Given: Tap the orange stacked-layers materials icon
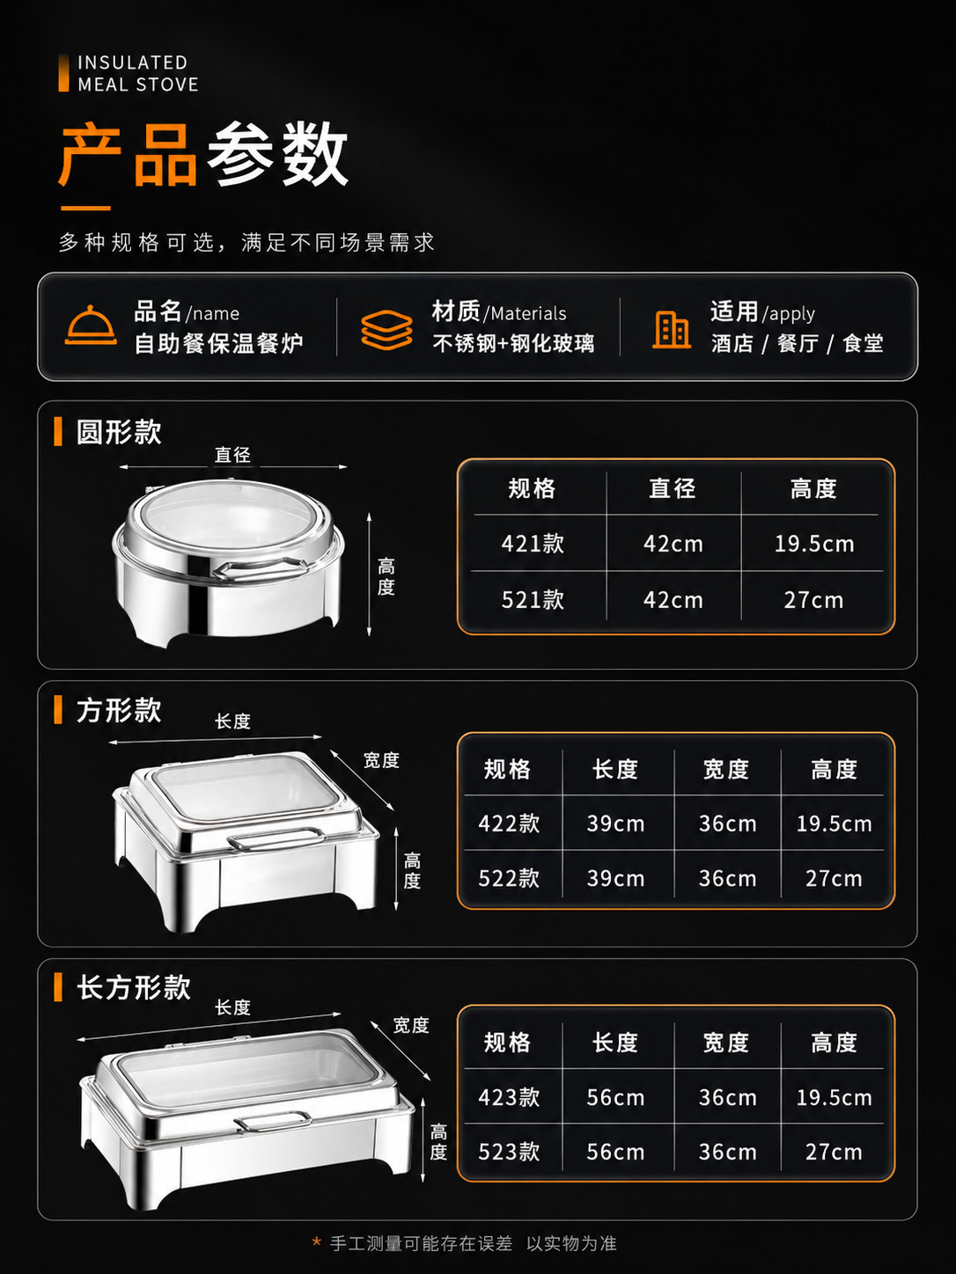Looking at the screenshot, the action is click(386, 330).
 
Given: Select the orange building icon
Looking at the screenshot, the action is click(672, 330).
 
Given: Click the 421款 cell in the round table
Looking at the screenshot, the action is click(533, 544).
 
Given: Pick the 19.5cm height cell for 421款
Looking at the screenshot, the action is click(813, 544).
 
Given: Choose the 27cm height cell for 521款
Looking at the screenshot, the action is click(813, 599).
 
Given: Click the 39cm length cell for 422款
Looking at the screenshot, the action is click(615, 823).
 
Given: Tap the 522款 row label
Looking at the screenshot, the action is click(509, 878).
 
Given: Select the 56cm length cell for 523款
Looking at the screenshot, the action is click(615, 1152).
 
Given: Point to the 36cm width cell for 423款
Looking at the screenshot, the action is click(727, 1097).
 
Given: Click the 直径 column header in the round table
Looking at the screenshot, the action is click(673, 488).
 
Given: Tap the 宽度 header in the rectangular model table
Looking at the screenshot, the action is click(725, 1043).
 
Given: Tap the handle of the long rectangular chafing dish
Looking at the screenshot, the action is click(273, 1121).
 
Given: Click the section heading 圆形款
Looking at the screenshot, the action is click(119, 432).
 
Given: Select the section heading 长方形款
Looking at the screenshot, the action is click(134, 987).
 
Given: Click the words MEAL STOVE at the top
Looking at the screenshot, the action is click(138, 84).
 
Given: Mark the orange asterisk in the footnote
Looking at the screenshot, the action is click(316, 1242).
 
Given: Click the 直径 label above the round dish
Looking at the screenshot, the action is click(232, 455).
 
